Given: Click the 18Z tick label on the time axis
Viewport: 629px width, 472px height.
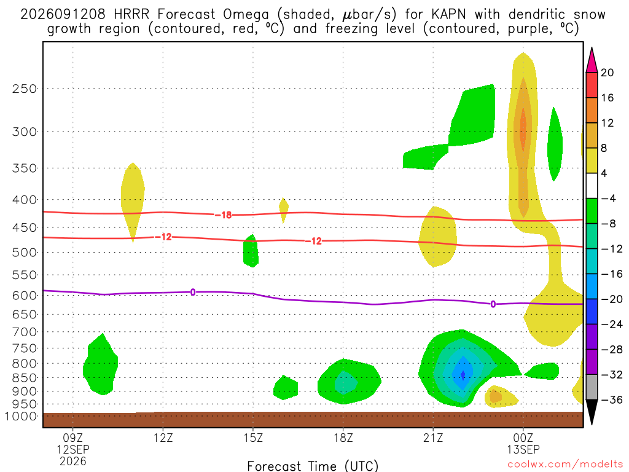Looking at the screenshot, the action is [x=343, y=438].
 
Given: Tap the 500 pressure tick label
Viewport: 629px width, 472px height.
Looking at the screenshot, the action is [x=24, y=253].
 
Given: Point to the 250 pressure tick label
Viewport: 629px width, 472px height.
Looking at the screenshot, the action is [x=24, y=88].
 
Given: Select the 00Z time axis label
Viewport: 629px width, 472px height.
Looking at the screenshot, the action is [x=523, y=438].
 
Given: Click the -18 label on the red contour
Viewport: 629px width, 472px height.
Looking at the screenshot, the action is [x=224, y=215].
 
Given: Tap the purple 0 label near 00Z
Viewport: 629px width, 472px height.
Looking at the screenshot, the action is [x=493, y=304].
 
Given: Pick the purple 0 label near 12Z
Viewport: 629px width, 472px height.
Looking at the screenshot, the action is [x=193, y=292].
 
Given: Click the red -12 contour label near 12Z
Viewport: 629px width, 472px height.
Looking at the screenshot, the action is [x=163, y=237].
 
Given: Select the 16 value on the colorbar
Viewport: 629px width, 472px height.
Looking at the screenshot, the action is [x=608, y=98].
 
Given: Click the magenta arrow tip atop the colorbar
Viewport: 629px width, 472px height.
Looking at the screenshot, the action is [x=592, y=48].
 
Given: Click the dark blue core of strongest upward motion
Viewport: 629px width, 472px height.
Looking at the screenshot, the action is [x=463, y=374].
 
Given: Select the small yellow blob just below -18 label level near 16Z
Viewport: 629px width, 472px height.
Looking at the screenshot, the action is [x=284, y=210].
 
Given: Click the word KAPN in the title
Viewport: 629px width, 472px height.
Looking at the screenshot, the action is [x=449, y=15].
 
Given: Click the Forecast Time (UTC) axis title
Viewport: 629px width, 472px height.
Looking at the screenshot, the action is [x=313, y=466].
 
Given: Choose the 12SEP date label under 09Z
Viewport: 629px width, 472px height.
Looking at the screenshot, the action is [x=72, y=449].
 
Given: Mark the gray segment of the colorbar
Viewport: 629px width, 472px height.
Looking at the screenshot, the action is [x=592, y=387].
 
